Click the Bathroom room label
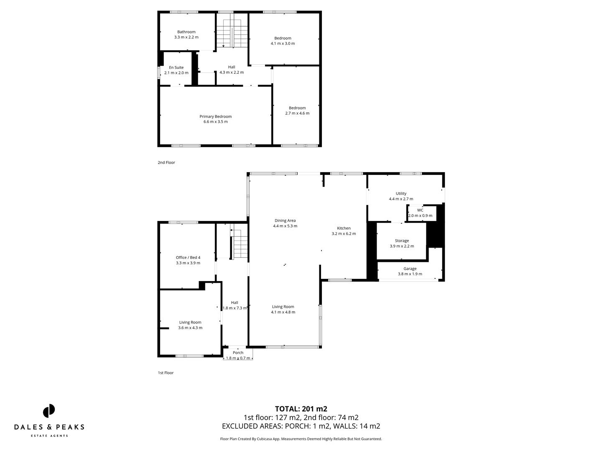pos(186,32)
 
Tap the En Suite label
pos(176,67)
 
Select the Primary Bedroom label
pos(215,117)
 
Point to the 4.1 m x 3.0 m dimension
pos(283,43)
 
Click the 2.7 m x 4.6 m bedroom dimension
pos(297,113)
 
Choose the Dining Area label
pos(285,220)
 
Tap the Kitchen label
pos(344,228)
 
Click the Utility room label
pos(401,193)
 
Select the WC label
pos(420,210)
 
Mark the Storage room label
pos(402,241)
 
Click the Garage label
pos(410,269)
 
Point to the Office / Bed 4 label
pos(188,257)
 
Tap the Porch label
pos(238,352)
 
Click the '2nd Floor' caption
pos(166,162)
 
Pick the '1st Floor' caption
pos(166,373)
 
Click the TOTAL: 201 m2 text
pos(301,409)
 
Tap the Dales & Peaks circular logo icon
pos(49,410)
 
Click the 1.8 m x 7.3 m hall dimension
pos(235,308)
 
